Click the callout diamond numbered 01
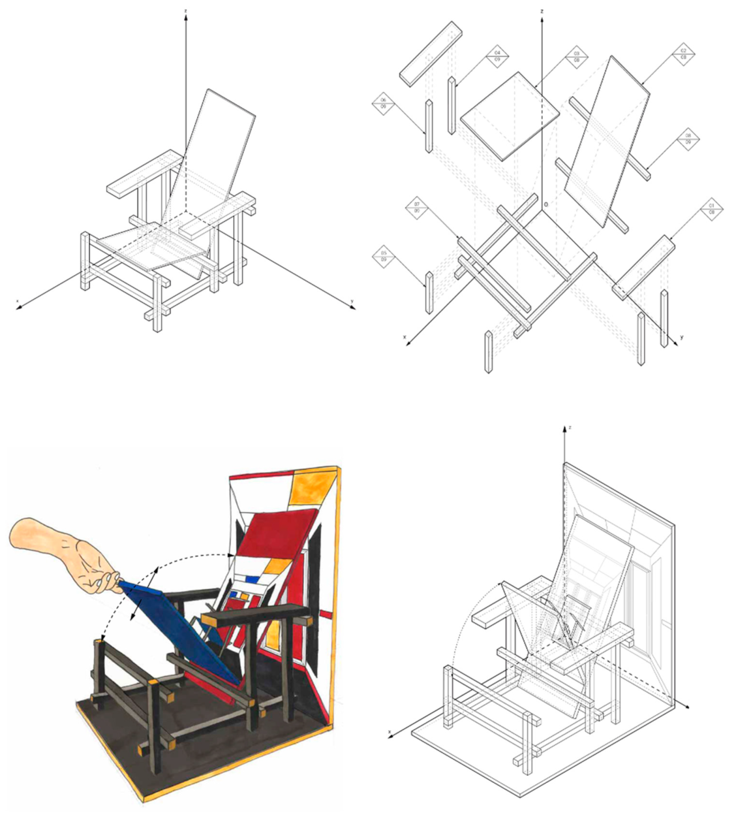coord(711,209)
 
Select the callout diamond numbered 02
coord(684,54)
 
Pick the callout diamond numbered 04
coord(497,56)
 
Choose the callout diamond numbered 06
coord(383,103)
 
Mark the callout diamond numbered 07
coord(417,207)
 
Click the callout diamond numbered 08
coord(688,139)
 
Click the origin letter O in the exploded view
coord(546,204)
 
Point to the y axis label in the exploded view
coord(681,337)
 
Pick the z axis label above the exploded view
coord(542,11)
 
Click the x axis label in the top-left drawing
coord(18,301)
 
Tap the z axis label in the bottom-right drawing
coord(570,428)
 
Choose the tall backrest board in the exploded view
coord(606,141)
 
